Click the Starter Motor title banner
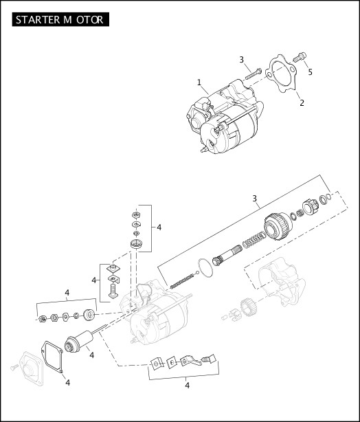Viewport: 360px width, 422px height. pos(60,20)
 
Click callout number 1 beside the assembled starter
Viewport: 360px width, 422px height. pos(199,82)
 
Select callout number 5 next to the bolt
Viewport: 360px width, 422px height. pos(309,71)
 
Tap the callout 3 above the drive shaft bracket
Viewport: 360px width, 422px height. pos(255,199)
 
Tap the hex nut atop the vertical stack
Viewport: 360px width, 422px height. pos(135,214)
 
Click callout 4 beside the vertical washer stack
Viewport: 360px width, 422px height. pos(159,227)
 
